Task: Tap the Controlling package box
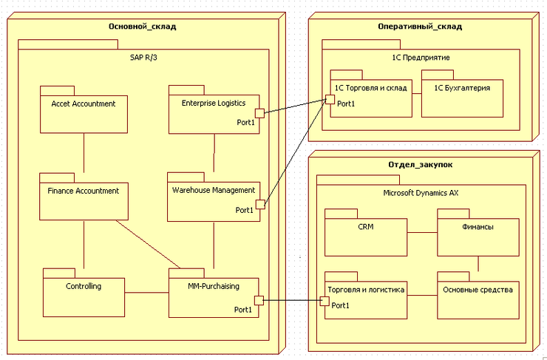(x=83, y=293)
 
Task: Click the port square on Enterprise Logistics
(x=259, y=113)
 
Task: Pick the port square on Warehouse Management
(x=259, y=203)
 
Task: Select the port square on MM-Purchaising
(x=259, y=300)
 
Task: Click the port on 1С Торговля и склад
(x=330, y=98)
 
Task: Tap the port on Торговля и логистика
(x=324, y=301)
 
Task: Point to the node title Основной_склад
(x=142, y=27)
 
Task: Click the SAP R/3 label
(x=143, y=56)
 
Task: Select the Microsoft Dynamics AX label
(x=421, y=193)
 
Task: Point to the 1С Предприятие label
(x=421, y=57)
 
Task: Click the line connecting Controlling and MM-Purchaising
(x=146, y=293)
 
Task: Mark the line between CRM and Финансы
(x=422, y=232)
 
